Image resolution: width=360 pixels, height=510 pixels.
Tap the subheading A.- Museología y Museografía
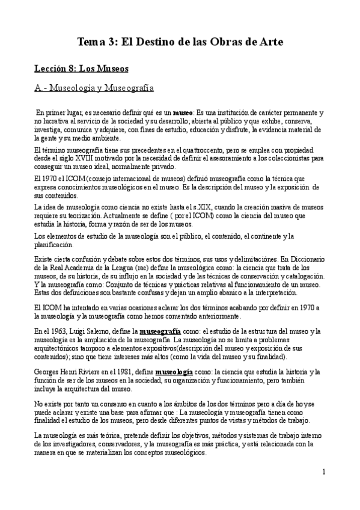(94, 89)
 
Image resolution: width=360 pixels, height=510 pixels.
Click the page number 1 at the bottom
(323, 473)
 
